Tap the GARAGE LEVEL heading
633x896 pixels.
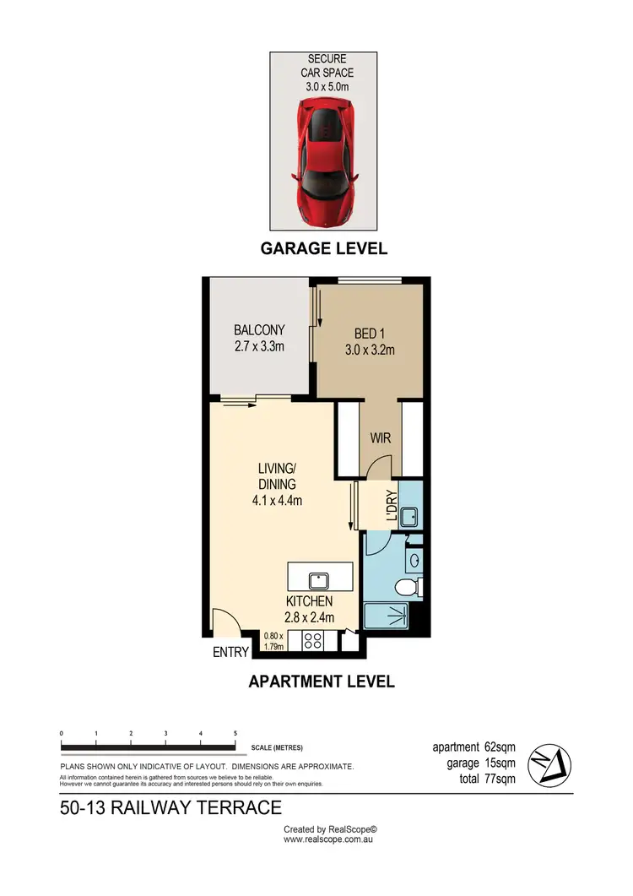click(x=323, y=248)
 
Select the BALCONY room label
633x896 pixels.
click(x=259, y=330)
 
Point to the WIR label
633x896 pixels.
click(x=380, y=440)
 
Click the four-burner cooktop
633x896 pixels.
click(x=314, y=641)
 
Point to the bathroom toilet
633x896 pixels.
click(x=407, y=588)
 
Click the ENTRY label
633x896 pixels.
click(x=230, y=652)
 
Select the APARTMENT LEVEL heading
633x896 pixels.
click(x=322, y=682)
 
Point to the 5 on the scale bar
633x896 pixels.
click(x=235, y=733)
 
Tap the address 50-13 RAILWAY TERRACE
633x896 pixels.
click(x=170, y=808)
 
